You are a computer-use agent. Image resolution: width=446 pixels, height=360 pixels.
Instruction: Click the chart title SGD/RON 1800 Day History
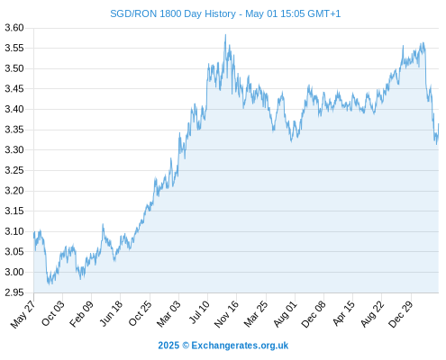point(173,13)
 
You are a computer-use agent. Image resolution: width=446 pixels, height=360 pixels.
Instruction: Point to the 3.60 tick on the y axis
point(14,28)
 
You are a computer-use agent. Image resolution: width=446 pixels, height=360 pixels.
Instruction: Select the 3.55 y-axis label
point(14,48)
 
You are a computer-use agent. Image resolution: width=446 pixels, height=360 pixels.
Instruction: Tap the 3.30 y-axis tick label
point(14,149)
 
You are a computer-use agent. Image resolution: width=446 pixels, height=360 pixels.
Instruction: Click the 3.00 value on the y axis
point(14,272)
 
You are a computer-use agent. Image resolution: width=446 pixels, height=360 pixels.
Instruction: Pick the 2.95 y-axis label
point(14,292)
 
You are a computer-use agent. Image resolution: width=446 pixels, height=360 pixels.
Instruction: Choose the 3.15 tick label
point(14,211)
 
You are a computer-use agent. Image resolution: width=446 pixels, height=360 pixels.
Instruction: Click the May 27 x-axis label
point(23,314)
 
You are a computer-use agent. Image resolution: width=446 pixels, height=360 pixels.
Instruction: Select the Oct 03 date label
point(53,313)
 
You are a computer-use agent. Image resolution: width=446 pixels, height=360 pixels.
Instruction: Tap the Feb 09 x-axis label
point(81,314)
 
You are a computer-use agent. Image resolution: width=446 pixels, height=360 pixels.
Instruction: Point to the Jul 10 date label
point(199,312)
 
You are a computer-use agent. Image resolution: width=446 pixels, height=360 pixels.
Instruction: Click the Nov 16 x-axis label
point(226,314)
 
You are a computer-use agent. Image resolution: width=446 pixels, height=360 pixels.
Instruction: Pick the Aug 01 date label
point(285,314)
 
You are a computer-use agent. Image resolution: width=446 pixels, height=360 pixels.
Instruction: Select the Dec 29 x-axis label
point(401,314)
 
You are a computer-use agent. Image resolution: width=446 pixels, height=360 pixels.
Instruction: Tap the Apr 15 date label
point(343,313)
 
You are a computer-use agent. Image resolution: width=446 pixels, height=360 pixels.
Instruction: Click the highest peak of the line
point(225,35)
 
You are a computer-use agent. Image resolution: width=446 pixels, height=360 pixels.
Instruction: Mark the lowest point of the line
point(50,283)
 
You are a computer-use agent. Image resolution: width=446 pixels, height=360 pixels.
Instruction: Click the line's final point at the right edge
point(438,123)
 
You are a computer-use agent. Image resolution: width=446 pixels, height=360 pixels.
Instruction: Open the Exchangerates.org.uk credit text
point(240,346)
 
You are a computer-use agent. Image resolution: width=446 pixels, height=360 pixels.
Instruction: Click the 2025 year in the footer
point(168,346)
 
